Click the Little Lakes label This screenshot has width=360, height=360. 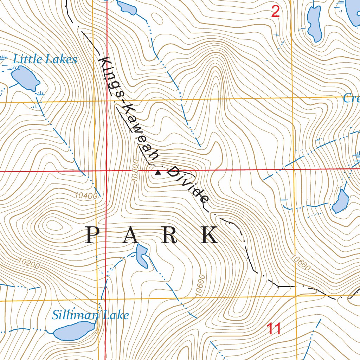[x=45, y=59]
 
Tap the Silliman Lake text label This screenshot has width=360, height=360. [x=90, y=315]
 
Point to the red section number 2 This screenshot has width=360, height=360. [x=275, y=12]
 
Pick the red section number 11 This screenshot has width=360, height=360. [x=274, y=329]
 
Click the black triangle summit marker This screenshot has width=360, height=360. [x=158, y=172]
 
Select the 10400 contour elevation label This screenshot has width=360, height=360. [x=86, y=195]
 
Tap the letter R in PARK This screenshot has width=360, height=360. [x=170, y=236]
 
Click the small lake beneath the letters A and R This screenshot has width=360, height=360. [x=142, y=255]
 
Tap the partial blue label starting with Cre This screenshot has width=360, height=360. [x=351, y=99]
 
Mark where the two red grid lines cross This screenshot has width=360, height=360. [x=107, y=171]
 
